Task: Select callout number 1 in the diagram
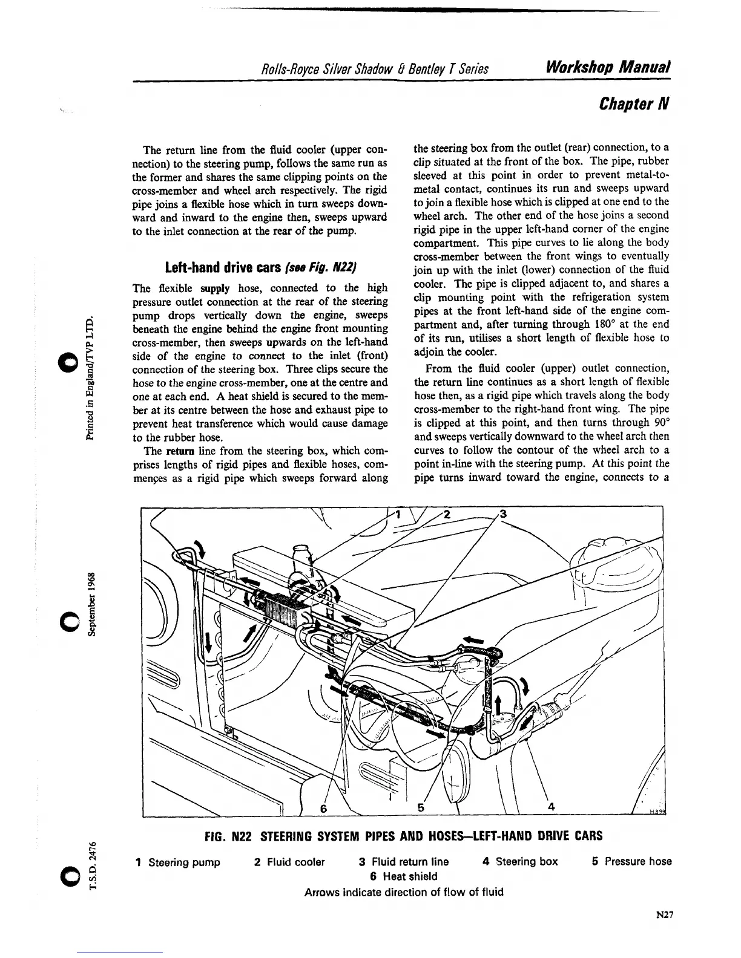(398, 515)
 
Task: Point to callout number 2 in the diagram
(447, 515)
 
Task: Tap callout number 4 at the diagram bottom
(551, 807)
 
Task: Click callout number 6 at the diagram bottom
(323, 808)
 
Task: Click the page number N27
(664, 915)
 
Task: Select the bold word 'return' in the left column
(179, 451)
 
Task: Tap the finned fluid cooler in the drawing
(282, 607)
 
